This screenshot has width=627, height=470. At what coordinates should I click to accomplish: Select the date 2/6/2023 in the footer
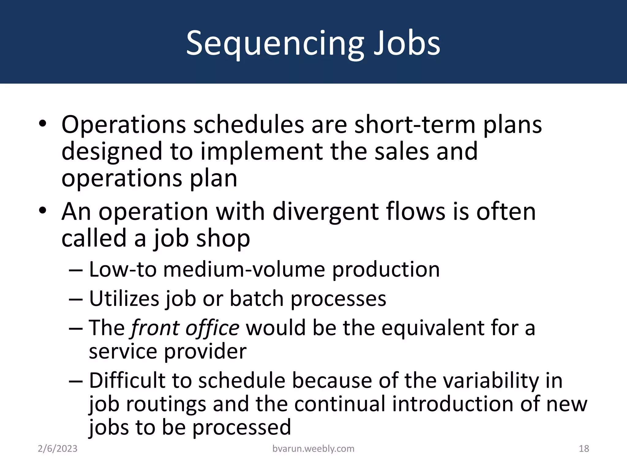coord(58,449)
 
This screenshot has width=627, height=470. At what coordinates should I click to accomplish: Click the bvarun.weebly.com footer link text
coord(313,449)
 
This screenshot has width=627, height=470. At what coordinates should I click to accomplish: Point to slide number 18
coord(584,449)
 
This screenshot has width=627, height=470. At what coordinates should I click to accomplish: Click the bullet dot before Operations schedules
coord(43,124)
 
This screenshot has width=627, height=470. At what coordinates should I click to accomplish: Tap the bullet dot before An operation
coord(43,211)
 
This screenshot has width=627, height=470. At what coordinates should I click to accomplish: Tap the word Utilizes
coord(124,298)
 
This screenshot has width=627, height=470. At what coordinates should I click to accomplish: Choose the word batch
coord(256,298)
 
